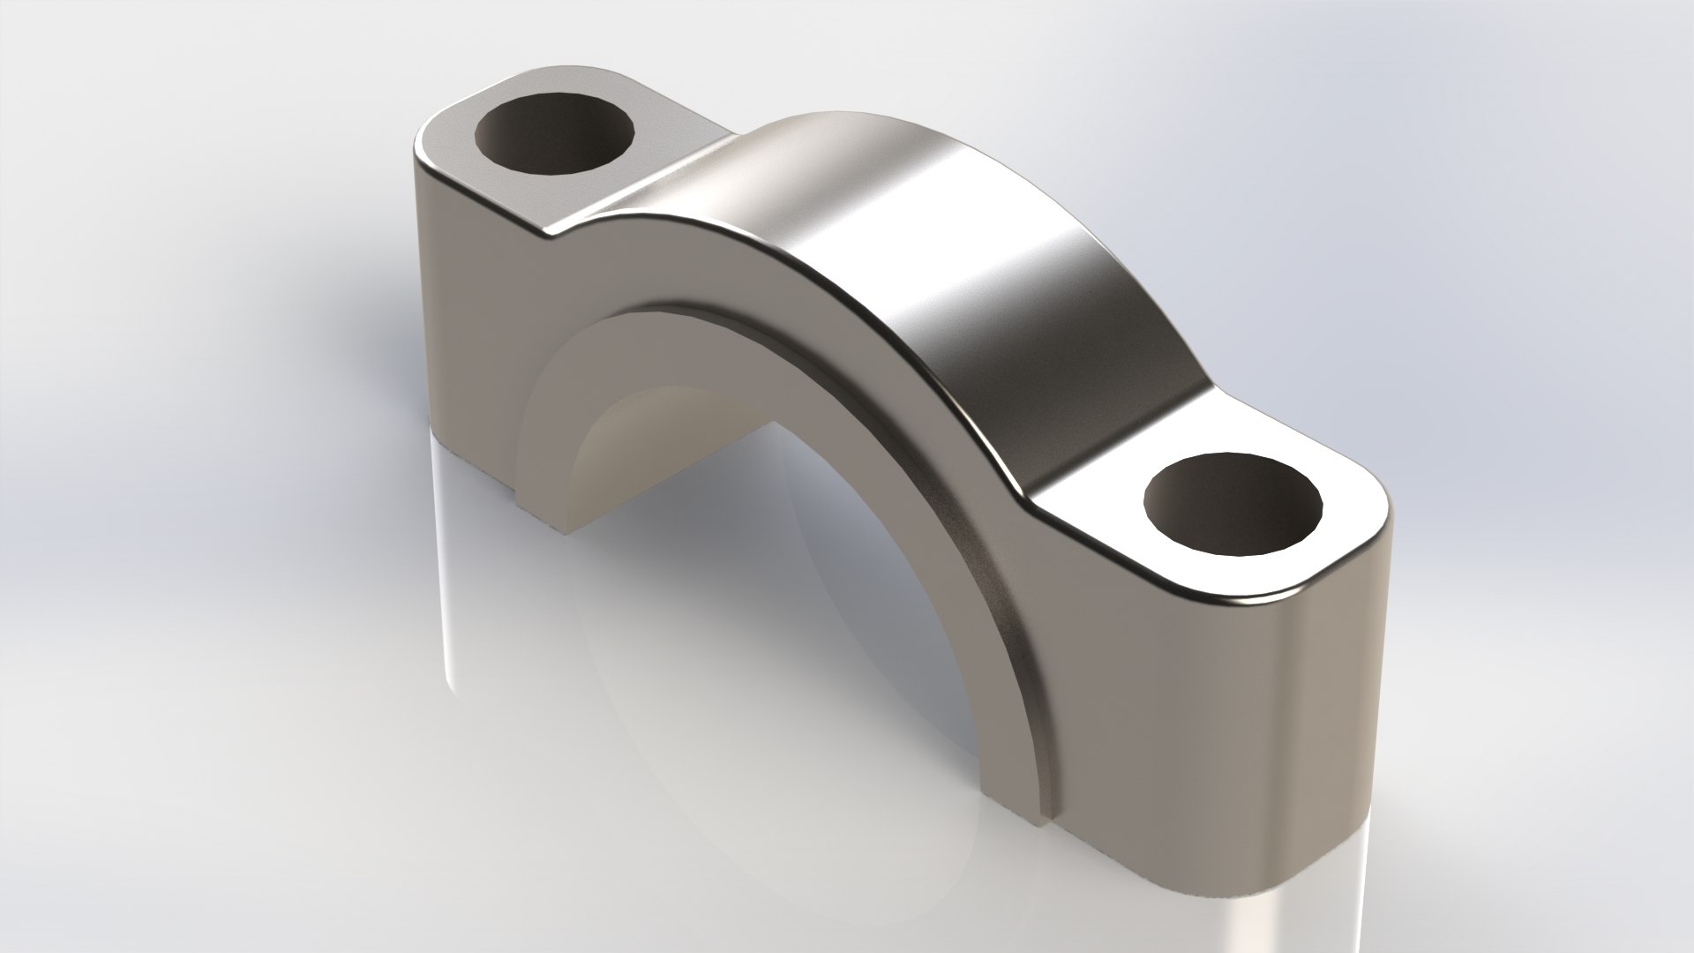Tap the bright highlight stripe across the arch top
953,247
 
